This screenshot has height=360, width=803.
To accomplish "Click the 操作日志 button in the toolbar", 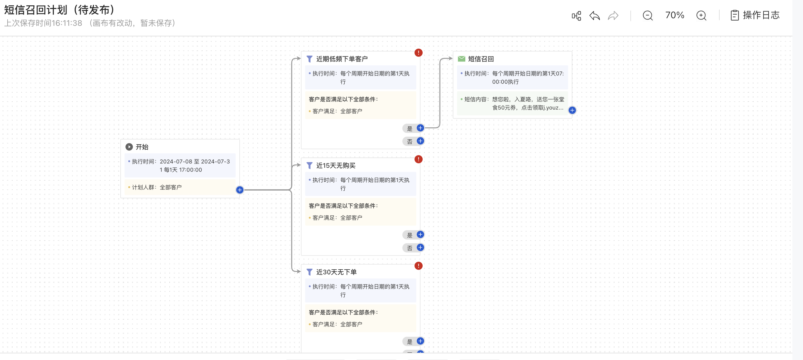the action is [x=755, y=15].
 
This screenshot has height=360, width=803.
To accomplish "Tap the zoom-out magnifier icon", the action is [x=648, y=16].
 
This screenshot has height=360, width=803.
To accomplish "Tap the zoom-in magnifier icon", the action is [x=701, y=16].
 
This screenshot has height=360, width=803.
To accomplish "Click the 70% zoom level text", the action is [x=675, y=15].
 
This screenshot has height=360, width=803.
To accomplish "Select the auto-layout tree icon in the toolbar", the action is [x=576, y=16].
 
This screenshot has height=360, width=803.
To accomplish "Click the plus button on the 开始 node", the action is [x=240, y=190].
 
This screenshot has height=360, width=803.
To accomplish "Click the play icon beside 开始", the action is [x=129, y=147].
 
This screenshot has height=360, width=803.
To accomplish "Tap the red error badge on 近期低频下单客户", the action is [x=418, y=53].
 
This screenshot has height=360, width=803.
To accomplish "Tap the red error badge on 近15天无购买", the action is [x=418, y=159].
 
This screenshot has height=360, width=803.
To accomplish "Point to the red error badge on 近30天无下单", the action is [x=418, y=266].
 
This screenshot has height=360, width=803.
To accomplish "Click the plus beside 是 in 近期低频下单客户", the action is [x=420, y=128].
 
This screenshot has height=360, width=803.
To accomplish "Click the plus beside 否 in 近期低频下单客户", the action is [x=420, y=141].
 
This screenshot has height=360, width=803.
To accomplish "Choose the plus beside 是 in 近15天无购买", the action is [x=420, y=235].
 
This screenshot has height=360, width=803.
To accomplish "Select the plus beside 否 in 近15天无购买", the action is [x=420, y=247].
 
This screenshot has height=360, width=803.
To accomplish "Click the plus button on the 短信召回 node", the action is [x=572, y=110].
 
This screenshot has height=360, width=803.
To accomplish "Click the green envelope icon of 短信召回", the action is [x=461, y=59].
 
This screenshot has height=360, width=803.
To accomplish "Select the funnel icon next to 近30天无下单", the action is [x=309, y=272].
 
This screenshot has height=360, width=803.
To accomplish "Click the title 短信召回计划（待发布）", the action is [x=60, y=10].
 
